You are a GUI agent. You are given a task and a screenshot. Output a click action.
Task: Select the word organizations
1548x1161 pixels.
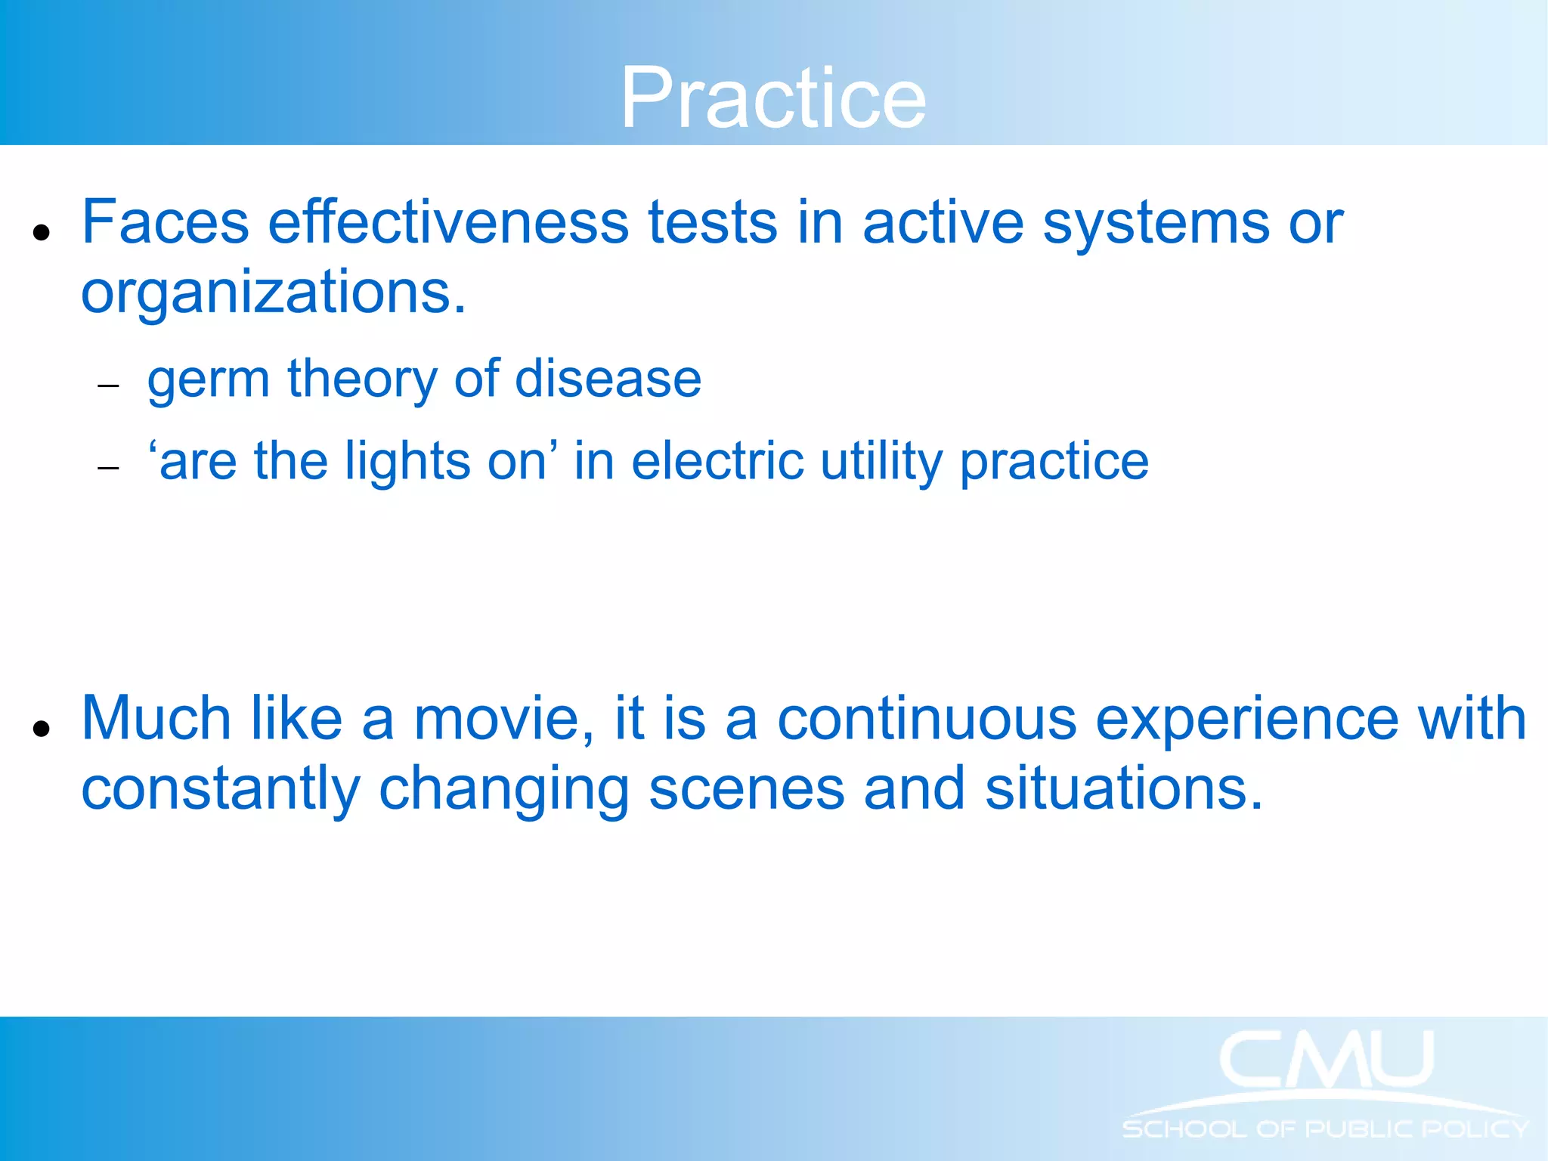pyautogui.click(x=273, y=293)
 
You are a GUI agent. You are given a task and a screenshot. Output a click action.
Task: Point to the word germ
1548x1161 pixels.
pyautogui.click(x=208, y=379)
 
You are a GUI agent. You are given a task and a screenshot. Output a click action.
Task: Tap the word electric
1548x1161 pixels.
pyautogui.click(x=717, y=461)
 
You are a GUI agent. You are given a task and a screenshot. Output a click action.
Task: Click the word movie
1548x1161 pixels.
pyautogui.click(x=504, y=719)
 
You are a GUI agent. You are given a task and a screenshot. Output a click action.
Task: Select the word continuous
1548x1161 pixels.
pyautogui.click(x=927, y=719)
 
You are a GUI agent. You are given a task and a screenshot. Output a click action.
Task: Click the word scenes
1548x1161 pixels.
pyautogui.click(x=746, y=789)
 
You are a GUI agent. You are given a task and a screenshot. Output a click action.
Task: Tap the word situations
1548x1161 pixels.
pyautogui.click(x=1123, y=789)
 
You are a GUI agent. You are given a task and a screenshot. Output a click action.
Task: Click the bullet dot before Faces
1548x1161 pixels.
pyautogui.click(x=42, y=232)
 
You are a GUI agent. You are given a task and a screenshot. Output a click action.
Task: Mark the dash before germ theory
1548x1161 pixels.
pyautogui.click(x=109, y=386)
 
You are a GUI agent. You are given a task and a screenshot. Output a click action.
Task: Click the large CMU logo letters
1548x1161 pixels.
pyautogui.click(x=1326, y=1060)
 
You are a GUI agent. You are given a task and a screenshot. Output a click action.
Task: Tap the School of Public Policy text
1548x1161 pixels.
pyautogui.click(x=1326, y=1129)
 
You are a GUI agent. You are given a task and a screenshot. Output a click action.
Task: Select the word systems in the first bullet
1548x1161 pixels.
pyautogui.click(x=1156, y=224)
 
